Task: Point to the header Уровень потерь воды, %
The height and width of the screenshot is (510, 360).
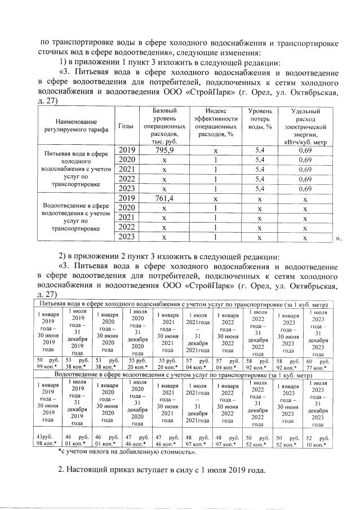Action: point(260,121)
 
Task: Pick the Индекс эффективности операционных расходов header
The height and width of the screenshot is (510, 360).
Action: point(215,121)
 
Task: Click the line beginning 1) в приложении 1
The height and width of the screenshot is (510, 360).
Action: point(168,61)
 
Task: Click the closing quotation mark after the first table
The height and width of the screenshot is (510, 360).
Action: point(337,238)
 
